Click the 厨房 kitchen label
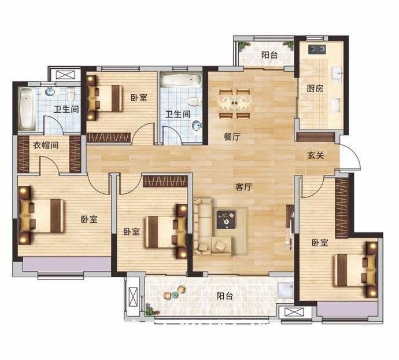(315, 89)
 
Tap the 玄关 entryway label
(316, 155)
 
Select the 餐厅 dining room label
(232, 137)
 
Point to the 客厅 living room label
(243, 188)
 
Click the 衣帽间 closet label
(46, 145)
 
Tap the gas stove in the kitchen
(317, 49)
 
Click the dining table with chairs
(234, 104)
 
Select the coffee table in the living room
(226, 219)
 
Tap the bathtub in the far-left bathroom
(27, 109)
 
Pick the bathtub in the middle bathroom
(181, 80)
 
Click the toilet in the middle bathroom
(195, 102)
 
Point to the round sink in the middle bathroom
(197, 126)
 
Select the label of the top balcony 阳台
(269, 55)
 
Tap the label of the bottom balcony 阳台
(225, 296)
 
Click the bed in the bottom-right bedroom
(356, 270)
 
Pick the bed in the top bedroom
(104, 98)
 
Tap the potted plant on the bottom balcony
(150, 310)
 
